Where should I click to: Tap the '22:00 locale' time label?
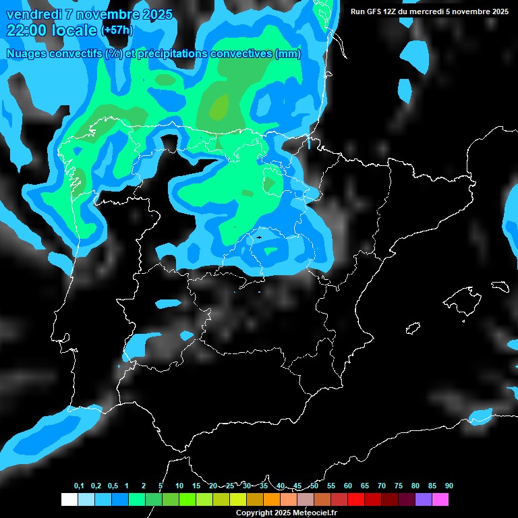(x=51, y=30)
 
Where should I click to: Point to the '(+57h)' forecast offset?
(x=117, y=30)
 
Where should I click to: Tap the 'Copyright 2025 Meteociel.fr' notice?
(x=286, y=513)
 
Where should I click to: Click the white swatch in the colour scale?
(x=69, y=499)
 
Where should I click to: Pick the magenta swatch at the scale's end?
(x=440, y=499)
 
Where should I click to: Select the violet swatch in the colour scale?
(x=424, y=499)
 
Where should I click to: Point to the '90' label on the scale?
(x=449, y=486)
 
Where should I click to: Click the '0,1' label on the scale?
(x=79, y=486)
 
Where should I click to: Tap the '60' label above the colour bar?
(x=348, y=486)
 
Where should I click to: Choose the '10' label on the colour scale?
(x=179, y=486)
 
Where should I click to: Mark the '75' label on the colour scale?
(x=399, y=486)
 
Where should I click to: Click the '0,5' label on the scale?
(x=113, y=486)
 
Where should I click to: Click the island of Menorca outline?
(x=500, y=286)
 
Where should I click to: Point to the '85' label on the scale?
(x=432, y=486)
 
